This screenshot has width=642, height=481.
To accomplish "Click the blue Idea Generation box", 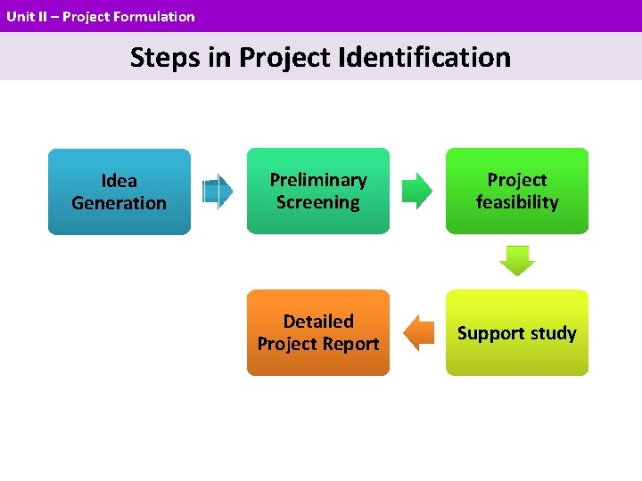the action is (119, 192).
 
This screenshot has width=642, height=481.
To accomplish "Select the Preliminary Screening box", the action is (318, 191).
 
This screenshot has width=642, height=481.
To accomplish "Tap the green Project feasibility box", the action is (517, 191).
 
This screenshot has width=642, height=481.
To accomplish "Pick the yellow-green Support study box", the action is (517, 332).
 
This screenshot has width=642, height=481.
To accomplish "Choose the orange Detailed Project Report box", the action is (318, 332).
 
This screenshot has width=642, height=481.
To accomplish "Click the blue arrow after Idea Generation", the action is (218, 192).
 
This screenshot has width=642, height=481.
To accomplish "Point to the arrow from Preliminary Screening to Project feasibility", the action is (416, 191).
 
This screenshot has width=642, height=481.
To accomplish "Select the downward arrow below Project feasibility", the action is (517, 261).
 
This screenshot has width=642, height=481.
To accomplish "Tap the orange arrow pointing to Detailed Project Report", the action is (417, 332).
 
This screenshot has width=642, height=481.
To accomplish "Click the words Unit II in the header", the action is (24, 16).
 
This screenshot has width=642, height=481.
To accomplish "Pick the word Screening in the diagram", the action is (318, 202).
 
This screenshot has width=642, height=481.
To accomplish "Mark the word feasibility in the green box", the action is (517, 202).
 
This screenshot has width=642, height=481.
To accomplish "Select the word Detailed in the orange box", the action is (318, 321).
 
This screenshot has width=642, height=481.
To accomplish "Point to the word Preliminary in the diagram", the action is (318, 180).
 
